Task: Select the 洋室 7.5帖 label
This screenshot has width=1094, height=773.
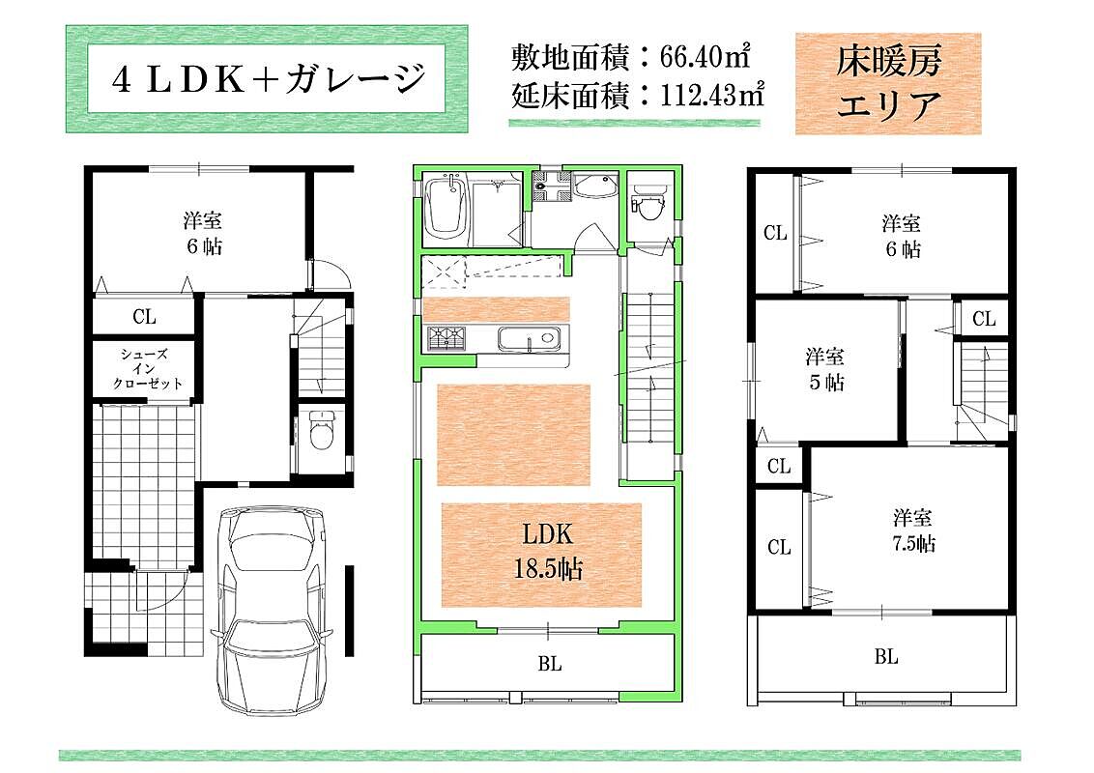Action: click(x=913, y=530)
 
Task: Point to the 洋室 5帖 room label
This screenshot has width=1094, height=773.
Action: click(x=825, y=368)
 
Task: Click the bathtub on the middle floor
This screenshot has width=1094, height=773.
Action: click(x=447, y=207)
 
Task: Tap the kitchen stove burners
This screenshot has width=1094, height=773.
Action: click(x=447, y=338)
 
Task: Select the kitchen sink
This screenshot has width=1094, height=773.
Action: click(x=528, y=339)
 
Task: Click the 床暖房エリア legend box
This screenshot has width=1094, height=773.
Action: click(x=888, y=83)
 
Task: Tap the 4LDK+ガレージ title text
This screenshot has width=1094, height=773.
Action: click(x=268, y=79)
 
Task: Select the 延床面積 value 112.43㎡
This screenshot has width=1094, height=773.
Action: click(x=711, y=94)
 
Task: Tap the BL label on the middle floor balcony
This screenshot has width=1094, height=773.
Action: click(x=550, y=664)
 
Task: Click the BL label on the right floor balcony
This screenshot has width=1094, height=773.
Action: click(x=886, y=656)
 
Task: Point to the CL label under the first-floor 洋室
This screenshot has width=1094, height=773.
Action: click(x=144, y=317)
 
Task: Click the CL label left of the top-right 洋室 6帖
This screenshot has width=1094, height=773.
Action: click(x=775, y=232)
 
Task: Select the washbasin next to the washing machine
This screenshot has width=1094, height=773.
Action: click(x=595, y=186)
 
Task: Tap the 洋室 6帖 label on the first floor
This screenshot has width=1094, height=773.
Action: click(x=203, y=234)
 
